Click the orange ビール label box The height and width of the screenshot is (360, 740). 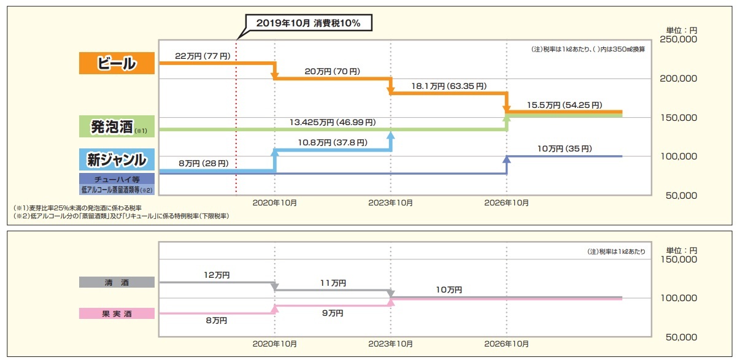(x=117, y=63)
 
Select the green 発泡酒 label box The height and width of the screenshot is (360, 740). (x=117, y=128)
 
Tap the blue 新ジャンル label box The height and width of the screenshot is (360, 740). (x=117, y=160)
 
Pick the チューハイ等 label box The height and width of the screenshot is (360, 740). (x=117, y=178)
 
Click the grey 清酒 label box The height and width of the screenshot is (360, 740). (x=117, y=282)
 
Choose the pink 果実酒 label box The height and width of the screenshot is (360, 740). (x=117, y=313)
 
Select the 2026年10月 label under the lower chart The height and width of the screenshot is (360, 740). (x=507, y=343)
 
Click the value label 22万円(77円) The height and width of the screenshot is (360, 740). (x=202, y=56)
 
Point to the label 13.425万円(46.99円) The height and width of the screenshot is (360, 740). (x=332, y=122)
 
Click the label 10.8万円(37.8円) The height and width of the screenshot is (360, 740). (x=333, y=142)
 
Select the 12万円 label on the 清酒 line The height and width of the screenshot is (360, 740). (x=217, y=275)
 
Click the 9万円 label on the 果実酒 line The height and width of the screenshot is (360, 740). (x=333, y=313)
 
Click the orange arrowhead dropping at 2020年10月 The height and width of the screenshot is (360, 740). (x=274, y=75)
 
